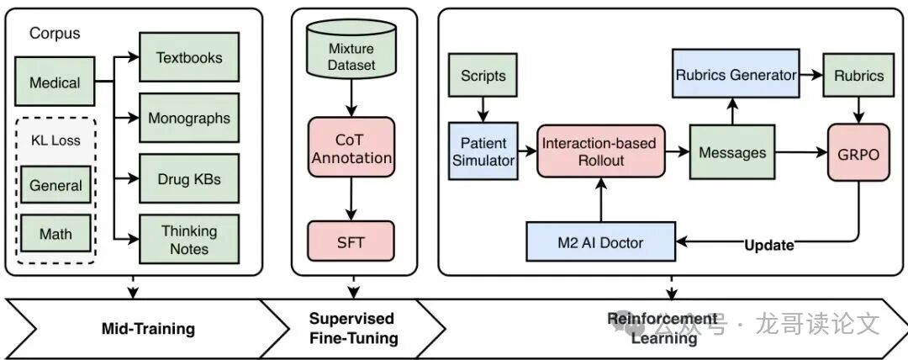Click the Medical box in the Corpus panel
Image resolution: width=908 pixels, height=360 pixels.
click(x=55, y=82)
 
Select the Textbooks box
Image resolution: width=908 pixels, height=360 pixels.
click(x=189, y=58)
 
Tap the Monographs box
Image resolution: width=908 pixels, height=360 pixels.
click(x=189, y=118)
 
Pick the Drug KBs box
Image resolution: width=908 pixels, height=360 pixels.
click(x=189, y=178)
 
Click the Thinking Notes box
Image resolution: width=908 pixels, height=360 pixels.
click(x=189, y=239)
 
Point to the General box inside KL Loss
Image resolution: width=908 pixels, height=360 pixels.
click(x=56, y=186)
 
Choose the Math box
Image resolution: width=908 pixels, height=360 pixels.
click(x=56, y=233)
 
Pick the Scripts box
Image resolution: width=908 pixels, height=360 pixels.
click(x=483, y=76)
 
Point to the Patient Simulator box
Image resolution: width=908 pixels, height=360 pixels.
click(x=483, y=151)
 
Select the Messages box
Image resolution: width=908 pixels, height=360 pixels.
click(x=732, y=152)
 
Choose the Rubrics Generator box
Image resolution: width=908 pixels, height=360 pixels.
click(x=736, y=75)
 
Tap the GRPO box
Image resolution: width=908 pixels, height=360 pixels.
click(x=857, y=152)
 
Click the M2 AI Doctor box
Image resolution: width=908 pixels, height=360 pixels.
click(x=600, y=243)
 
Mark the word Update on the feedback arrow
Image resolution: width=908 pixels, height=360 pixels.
click(x=769, y=246)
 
